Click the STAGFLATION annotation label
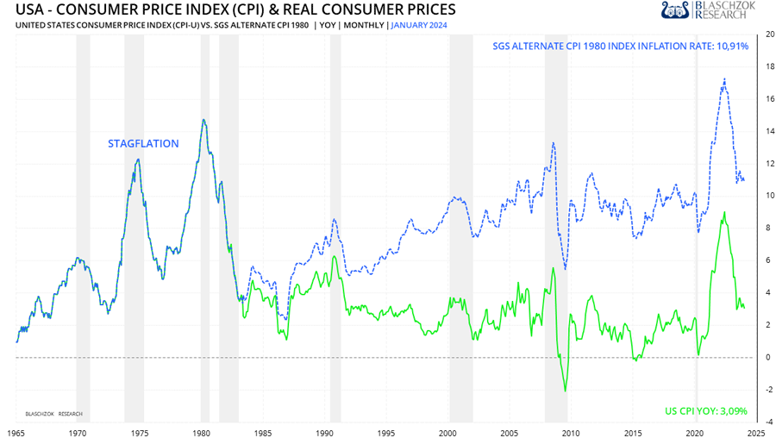pos(143,144)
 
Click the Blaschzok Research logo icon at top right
pos(676,10)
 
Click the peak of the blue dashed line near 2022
pos(724,79)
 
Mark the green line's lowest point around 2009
pos(566,391)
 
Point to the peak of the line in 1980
pos(203,120)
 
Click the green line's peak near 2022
pos(724,212)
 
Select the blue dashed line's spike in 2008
pos(553,142)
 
